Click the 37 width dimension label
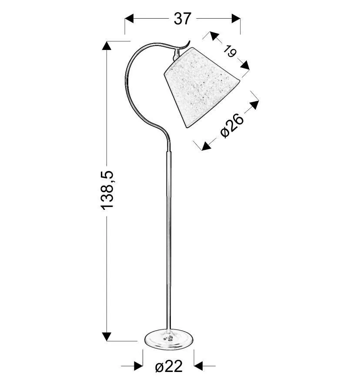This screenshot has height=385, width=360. [182, 19]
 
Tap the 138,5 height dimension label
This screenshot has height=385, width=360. [107, 190]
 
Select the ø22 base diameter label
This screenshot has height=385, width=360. [169, 367]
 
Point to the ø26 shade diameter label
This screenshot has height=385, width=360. [232, 125]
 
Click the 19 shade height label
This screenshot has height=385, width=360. [230, 51]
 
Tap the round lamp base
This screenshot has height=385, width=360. [169, 339]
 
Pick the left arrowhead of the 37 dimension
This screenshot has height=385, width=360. [129, 19]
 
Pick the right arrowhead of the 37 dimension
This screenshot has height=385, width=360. [236, 19]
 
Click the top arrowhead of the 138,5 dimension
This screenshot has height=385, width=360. [107, 46]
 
